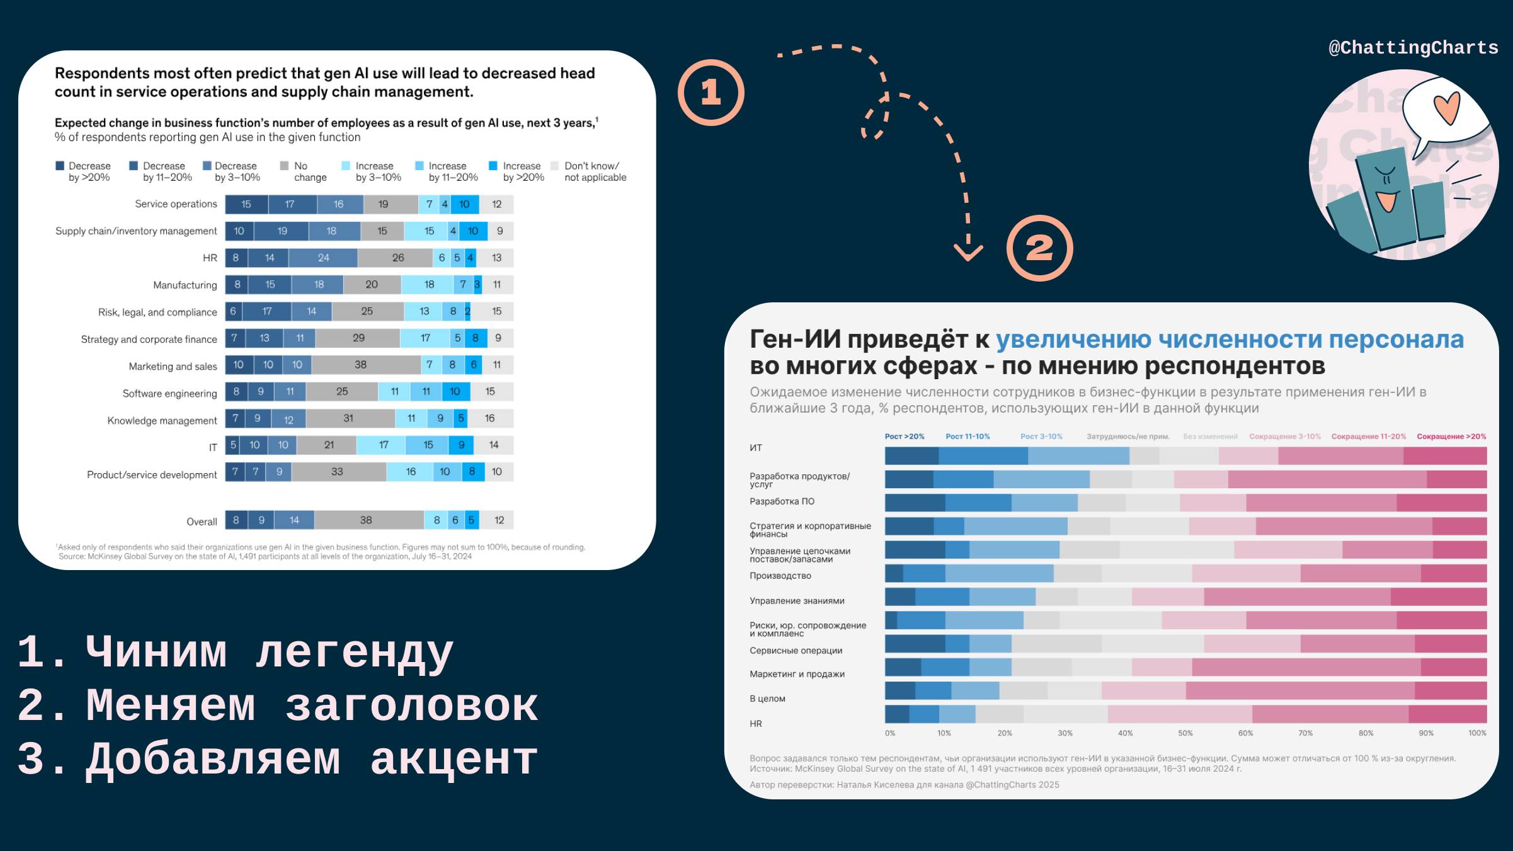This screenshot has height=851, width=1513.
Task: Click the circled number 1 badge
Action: [x=711, y=93]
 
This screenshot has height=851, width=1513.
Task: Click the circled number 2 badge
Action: [x=1039, y=248]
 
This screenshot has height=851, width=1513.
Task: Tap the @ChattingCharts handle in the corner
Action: [x=1413, y=48]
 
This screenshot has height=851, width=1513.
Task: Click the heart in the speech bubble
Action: [x=1446, y=108]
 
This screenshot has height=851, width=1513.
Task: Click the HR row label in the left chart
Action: [x=210, y=258]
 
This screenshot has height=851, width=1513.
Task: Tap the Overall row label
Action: [x=202, y=522]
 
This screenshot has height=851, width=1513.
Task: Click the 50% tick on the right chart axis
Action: [x=1185, y=733]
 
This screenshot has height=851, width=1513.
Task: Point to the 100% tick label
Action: [x=1477, y=733]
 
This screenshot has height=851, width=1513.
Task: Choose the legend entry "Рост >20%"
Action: [x=905, y=437]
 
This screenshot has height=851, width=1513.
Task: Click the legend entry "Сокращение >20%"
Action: [x=1451, y=437]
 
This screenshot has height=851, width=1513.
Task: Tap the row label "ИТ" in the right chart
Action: [x=756, y=448]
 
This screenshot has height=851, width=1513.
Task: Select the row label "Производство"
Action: [x=780, y=576]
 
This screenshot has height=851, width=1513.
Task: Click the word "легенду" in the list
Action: [x=354, y=653]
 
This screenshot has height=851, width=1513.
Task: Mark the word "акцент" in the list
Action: [x=454, y=759]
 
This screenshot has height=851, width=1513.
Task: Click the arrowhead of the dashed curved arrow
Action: [x=968, y=254]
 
